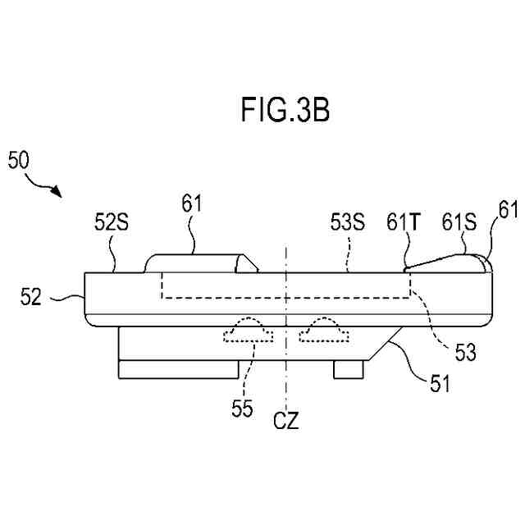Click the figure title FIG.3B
point(285,110)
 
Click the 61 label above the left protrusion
point(191,203)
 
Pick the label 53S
point(347,221)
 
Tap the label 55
point(242,408)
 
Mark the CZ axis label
point(285,423)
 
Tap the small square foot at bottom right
point(348,369)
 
